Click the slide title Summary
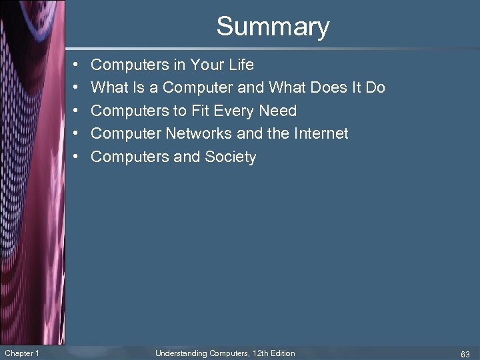click(x=273, y=27)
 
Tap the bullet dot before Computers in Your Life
click(x=77, y=65)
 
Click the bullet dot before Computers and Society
click(x=77, y=157)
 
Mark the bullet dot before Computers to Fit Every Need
click(x=77, y=111)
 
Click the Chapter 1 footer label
click(x=21, y=353)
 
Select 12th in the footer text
click(x=259, y=353)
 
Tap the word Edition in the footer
click(x=283, y=353)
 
